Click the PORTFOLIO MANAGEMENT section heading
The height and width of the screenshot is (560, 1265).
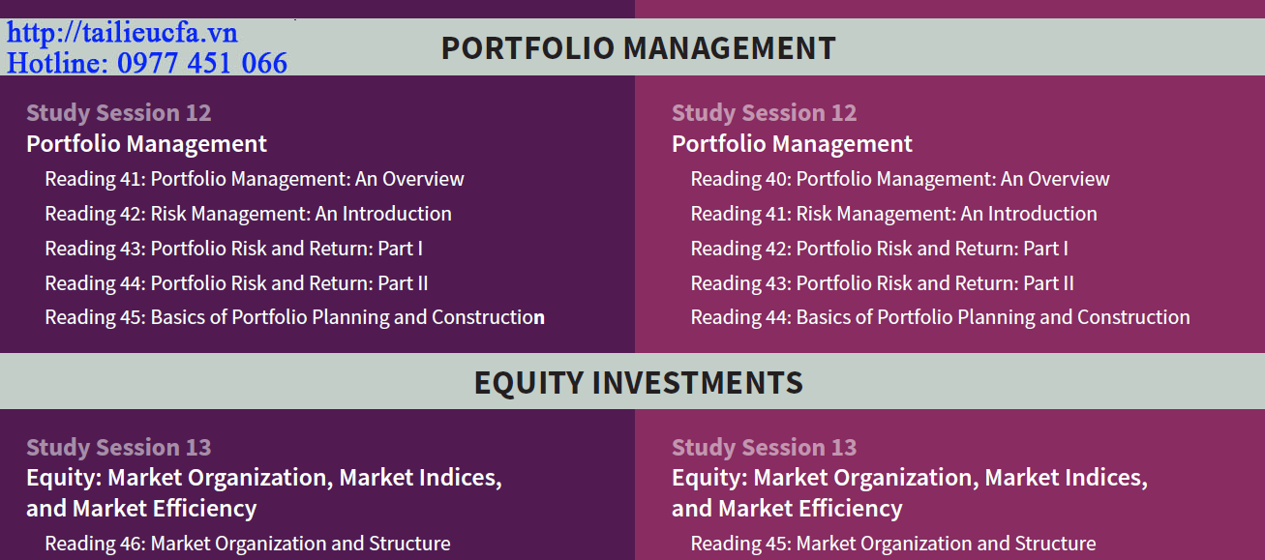(x=638, y=48)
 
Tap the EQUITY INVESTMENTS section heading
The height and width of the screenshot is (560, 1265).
(x=638, y=383)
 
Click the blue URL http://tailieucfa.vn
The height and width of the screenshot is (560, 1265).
(x=122, y=32)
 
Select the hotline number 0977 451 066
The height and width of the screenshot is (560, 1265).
(x=202, y=63)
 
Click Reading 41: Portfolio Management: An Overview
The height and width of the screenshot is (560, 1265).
(x=255, y=179)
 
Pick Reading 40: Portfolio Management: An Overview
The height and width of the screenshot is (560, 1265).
(x=900, y=179)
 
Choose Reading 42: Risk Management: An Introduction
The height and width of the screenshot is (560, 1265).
(x=248, y=214)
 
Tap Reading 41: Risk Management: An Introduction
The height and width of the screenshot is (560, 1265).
(x=894, y=214)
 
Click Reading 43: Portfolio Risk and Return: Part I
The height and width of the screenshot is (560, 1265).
(x=234, y=249)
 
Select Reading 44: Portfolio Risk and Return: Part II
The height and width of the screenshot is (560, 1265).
(x=236, y=283)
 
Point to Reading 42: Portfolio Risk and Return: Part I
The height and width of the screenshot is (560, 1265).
(x=879, y=249)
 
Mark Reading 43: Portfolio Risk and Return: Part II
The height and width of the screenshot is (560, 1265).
(x=882, y=283)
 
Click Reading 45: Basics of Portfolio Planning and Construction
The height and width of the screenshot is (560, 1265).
(x=295, y=318)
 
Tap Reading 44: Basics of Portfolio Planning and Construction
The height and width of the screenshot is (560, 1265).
(x=940, y=318)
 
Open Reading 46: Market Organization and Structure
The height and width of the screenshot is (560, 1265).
(x=248, y=544)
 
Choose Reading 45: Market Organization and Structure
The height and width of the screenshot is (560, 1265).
(x=893, y=544)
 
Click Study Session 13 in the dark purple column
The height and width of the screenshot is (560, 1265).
(x=119, y=448)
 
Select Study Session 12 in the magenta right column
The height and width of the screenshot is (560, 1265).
(x=764, y=113)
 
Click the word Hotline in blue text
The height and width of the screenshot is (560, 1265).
(x=57, y=63)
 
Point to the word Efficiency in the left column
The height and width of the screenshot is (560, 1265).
(x=204, y=509)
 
